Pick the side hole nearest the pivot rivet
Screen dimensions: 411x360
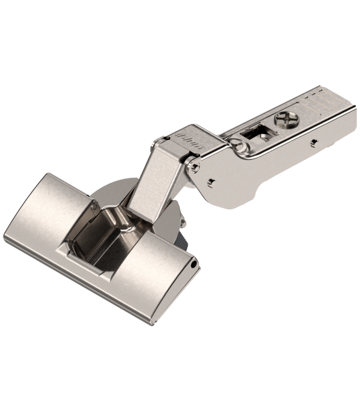coord(210,180)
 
